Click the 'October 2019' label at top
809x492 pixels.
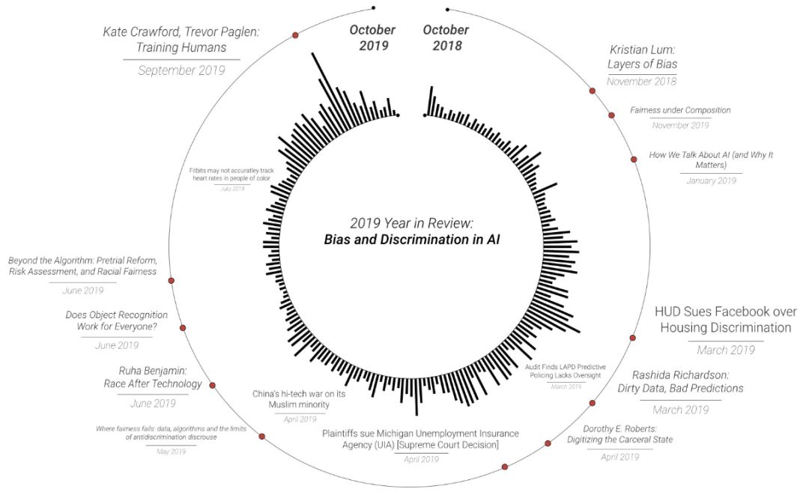click(x=372, y=37)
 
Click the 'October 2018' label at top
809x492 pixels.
click(x=446, y=37)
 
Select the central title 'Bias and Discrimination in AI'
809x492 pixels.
click(x=412, y=240)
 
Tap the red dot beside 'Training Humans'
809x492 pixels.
click(x=295, y=35)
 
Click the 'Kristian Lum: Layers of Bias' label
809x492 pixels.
click(x=642, y=57)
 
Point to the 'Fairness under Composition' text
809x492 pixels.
click(x=680, y=110)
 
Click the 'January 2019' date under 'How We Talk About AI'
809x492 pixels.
click(x=711, y=180)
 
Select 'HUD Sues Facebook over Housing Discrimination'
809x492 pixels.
click(x=725, y=320)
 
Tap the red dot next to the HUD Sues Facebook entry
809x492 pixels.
click(x=634, y=338)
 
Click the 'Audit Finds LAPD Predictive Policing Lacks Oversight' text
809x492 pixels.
click(x=566, y=371)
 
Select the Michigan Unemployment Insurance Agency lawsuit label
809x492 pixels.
click(x=420, y=439)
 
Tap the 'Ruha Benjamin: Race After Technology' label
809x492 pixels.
click(x=153, y=377)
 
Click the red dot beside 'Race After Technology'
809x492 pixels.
click(x=213, y=386)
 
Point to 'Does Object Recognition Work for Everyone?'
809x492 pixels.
click(x=117, y=321)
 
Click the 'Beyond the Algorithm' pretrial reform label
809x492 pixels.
click(x=82, y=266)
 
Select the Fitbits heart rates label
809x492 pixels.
click(x=232, y=176)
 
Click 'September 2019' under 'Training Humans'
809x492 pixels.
click(x=181, y=70)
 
